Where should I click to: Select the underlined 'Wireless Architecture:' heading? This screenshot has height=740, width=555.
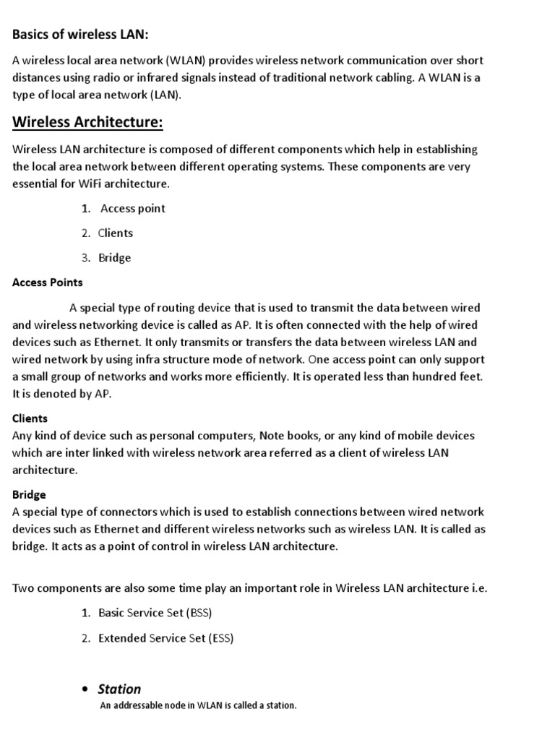(x=87, y=122)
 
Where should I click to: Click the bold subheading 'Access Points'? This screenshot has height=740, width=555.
(x=48, y=283)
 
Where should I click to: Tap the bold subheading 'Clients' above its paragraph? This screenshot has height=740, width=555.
(x=30, y=418)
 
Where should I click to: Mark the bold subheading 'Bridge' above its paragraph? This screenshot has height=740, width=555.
(x=29, y=495)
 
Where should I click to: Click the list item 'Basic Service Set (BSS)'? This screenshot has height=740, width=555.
(x=155, y=614)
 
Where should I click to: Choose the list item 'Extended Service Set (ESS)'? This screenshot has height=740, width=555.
(x=165, y=638)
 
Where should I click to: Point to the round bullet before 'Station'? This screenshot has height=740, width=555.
(x=86, y=689)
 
